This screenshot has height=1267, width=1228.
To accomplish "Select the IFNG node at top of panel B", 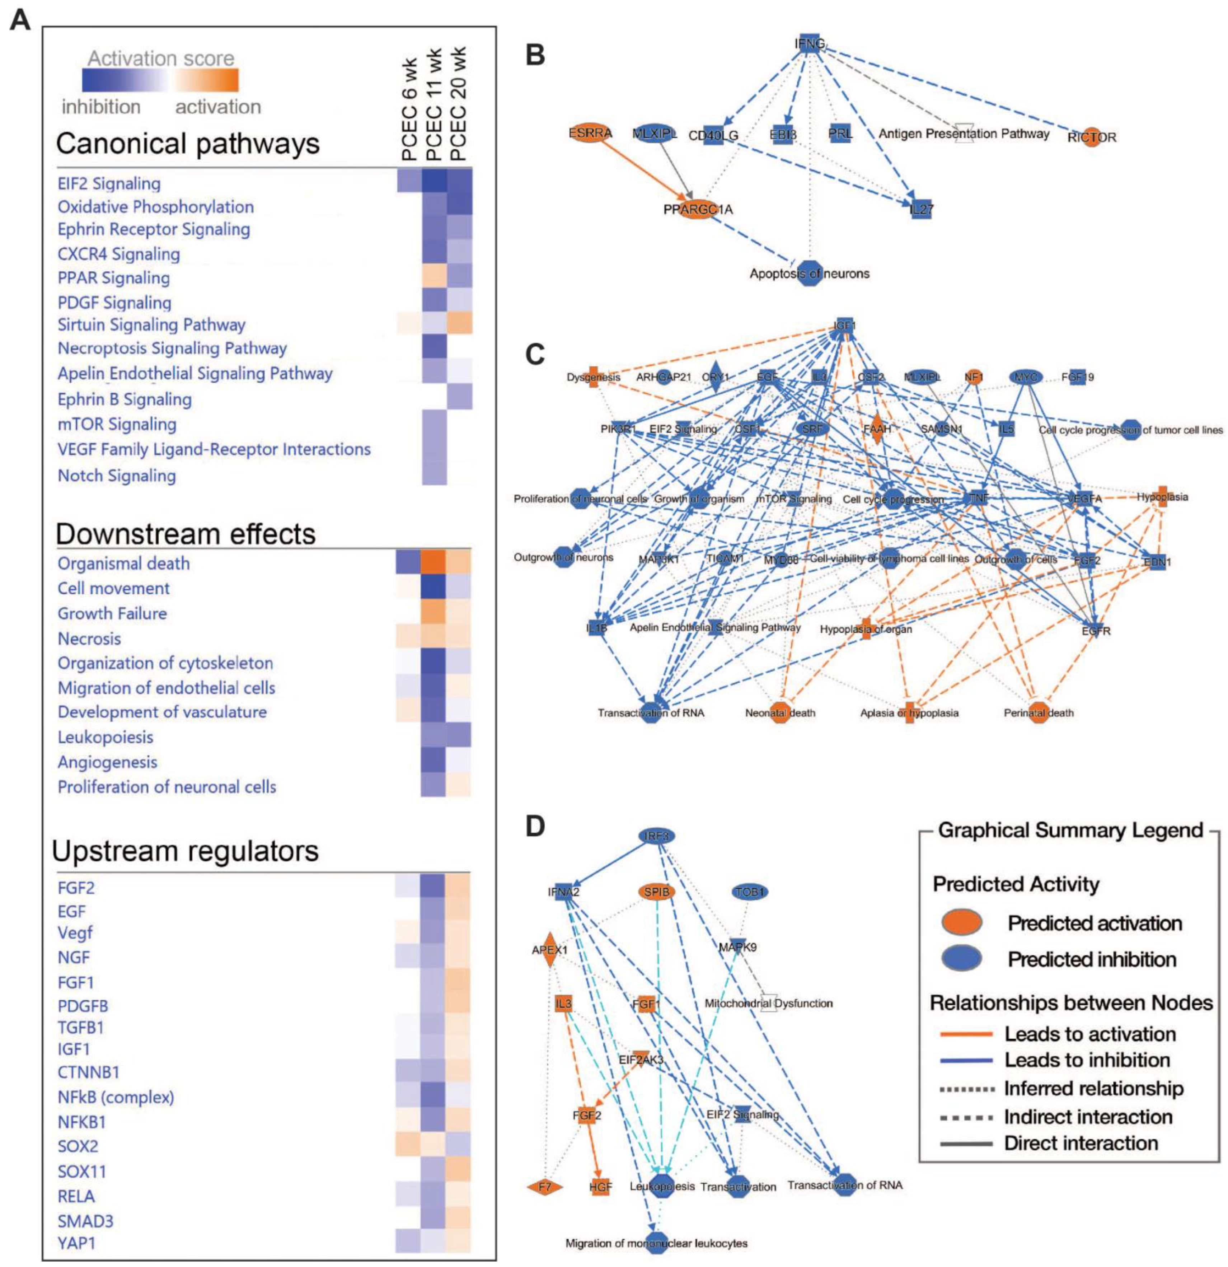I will click(x=809, y=43).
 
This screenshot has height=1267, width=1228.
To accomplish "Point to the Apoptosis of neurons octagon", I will click(x=809, y=273).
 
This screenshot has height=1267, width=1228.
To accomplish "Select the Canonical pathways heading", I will click(x=187, y=144).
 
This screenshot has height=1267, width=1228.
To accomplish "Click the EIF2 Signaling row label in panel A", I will click(x=109, y=183).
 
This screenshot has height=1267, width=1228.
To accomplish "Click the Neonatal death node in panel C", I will click(x=780, y=712).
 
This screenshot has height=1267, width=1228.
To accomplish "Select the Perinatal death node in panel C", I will click(x=1038, y=712).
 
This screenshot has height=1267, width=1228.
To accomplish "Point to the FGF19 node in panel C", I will click(x=1077, y=377).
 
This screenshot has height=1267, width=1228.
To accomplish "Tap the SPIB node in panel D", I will click(x=656, y=892).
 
